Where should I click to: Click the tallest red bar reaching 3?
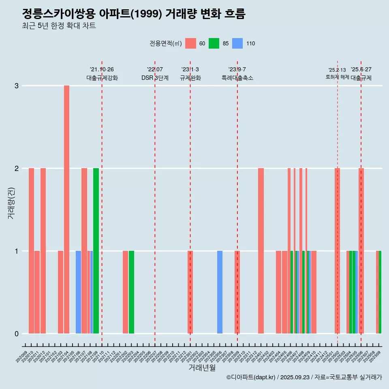coord(66,209)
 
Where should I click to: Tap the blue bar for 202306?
coord(220,292)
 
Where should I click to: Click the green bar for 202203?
coord(131,292)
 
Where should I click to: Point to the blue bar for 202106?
coord(78,292)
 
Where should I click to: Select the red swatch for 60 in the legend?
coord(190,43)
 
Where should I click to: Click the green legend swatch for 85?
coord(214,43)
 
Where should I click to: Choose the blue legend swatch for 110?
coord(237,43)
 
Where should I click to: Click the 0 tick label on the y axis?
coord(17,334)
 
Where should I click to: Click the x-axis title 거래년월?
coord(202,368)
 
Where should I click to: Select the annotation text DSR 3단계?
coord(155,78)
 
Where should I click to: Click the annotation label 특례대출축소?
coord(237,78)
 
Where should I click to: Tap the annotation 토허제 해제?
coord(337,77)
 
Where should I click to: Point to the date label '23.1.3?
coord(190,69)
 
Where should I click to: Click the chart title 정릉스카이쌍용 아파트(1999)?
coord(134,14)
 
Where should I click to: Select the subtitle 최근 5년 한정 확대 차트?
coord(59,26)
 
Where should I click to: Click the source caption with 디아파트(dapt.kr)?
coord(304,377)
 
